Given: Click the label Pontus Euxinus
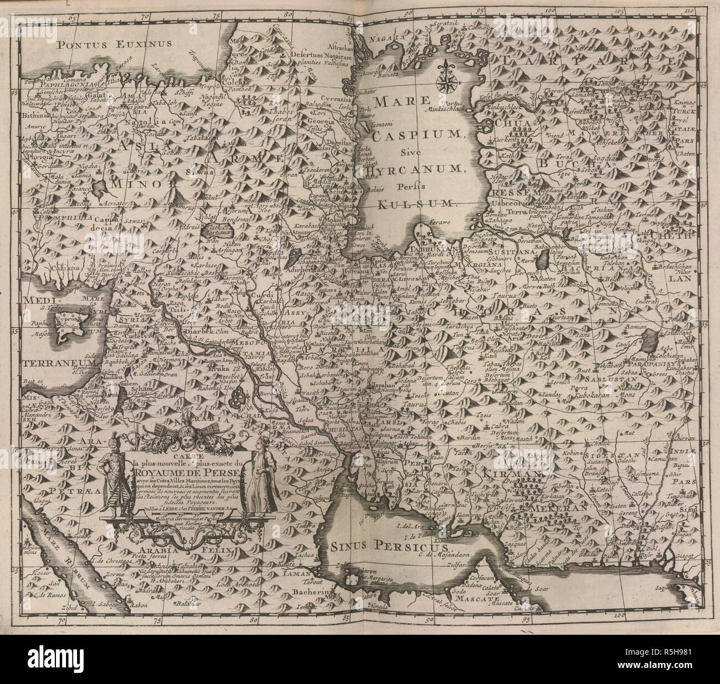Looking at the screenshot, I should tap(114, 43).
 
